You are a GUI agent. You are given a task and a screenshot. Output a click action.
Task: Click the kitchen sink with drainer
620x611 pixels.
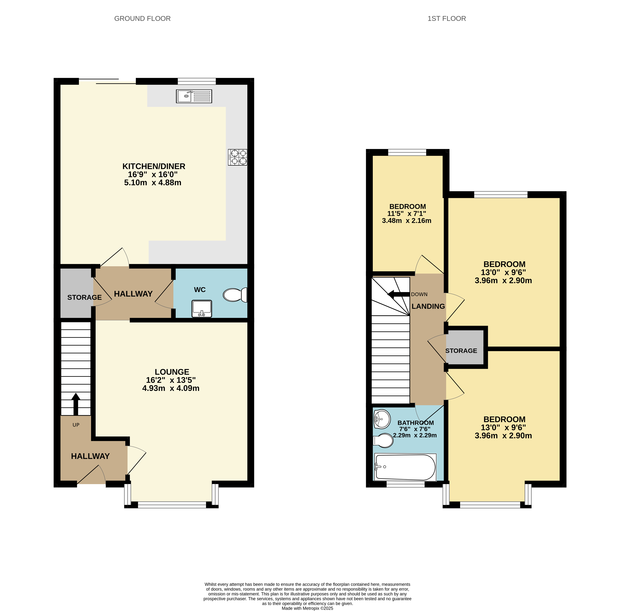[x=194, y=96]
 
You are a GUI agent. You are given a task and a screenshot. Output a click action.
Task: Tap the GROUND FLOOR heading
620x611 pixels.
[x=142, y=19]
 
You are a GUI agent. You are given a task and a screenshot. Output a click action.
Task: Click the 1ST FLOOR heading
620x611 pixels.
[x=446, y=19]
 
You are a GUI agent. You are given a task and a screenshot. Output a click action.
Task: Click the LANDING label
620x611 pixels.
[x=428, y=306]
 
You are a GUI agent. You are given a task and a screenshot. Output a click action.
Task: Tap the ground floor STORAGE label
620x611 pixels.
[x=84, y=297]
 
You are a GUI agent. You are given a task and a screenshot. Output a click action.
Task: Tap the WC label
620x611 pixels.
[x=200, y=290]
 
